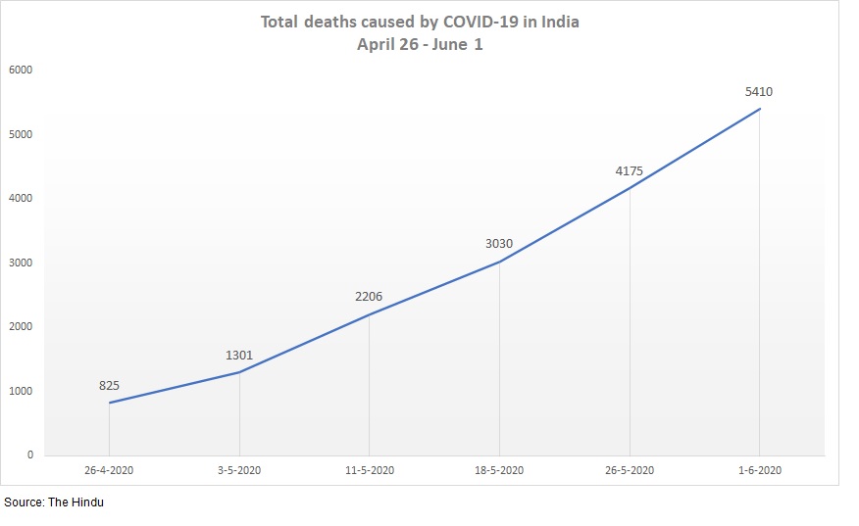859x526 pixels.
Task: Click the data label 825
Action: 109,386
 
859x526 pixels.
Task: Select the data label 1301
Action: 239,356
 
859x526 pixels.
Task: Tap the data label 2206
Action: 369,297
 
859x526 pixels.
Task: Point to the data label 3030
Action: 499,244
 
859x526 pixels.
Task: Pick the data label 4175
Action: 630,171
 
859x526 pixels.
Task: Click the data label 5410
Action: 759,92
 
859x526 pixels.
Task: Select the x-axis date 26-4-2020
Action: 109,471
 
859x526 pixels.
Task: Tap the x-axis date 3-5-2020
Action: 239,471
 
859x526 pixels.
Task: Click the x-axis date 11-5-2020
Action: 369,471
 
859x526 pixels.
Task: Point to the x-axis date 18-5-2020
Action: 499,471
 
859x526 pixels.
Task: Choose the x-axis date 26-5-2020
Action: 630,471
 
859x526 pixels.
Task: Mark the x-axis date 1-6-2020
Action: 759,471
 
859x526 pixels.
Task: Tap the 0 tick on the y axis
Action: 30,455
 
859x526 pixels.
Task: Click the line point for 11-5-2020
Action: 369,313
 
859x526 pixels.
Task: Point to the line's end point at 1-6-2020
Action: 759,109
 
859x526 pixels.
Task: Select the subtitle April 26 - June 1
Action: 420,45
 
